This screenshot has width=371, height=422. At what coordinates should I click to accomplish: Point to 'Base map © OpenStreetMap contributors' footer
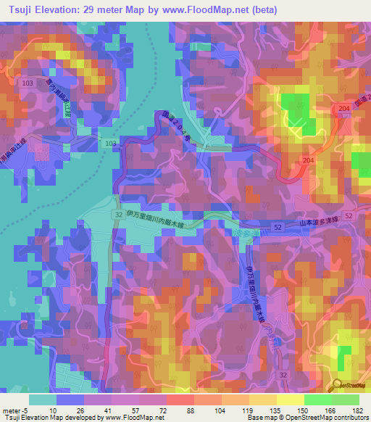[x=318, y=418]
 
